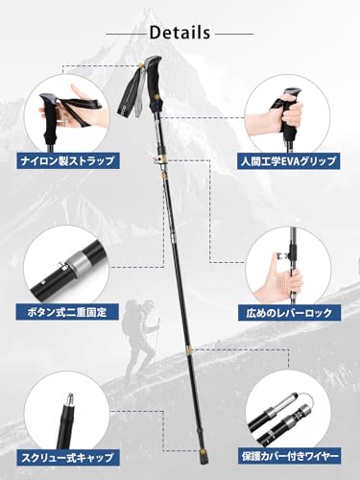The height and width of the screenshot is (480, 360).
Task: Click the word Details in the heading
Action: coord(180,31)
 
